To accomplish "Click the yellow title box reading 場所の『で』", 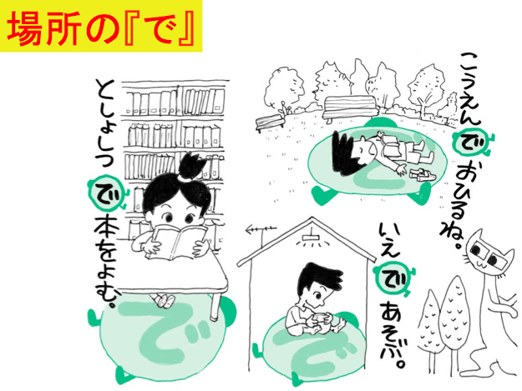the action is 101,26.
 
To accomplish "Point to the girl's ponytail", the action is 190,165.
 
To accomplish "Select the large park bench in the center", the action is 349,108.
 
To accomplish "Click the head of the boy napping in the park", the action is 349,153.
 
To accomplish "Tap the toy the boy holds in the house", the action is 320,318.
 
